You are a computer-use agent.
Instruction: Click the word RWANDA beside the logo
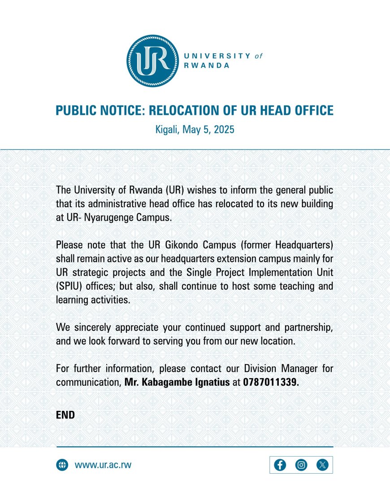pos(207,65)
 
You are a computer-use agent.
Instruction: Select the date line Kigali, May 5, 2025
pos(195,130)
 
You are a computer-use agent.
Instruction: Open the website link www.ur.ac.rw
pos(103,465)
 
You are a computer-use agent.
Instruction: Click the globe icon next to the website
pos(62,465)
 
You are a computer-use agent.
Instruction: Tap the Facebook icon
pos(280,465)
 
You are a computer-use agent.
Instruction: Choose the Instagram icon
pos(301,465)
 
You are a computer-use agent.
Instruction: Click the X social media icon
pos(322,465)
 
